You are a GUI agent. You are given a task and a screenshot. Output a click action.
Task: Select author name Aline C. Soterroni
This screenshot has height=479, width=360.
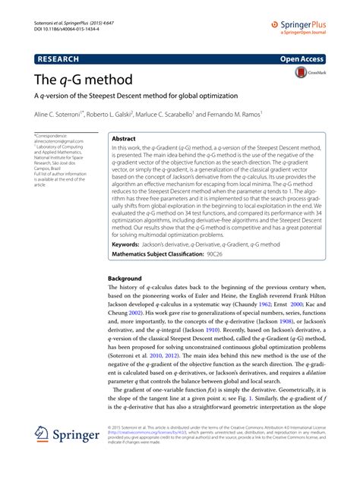click(x=62, y=114)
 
